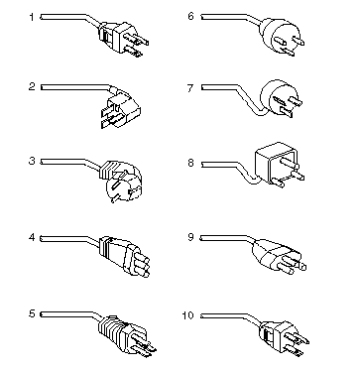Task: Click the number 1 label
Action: pyautogui.click(x=32, y=17)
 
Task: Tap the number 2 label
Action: pyautogui.click(x=32, y=86)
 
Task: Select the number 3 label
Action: pyautogui.click(x=32, y=161)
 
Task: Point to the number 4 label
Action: pyautogui.click(x=32, y=237)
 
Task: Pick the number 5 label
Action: pyautogui.click(x=32, y=313)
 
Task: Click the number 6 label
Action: pyautogui.click(x=190, y=16)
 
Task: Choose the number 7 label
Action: pyautogui.click(x=190, y=88)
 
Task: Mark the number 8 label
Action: pyautogui.click(x=190, y=163)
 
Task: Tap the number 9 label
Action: pyautogui.click(x=190, y=237)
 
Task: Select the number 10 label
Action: pyautogui.click(x=187, y=315)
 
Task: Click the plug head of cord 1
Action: pyautogui.click(x=123, y=38)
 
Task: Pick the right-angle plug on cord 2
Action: pyautogui.click(x=120, y=106)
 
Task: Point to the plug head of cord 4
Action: pyautogui.click(x=125, y=256)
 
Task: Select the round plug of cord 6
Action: pyautogui.click(x=282, y=37)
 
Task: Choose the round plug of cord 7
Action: pyautogui.click(x=281, y=98)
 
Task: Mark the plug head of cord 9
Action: pyautogui.click(x=279, y=256)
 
